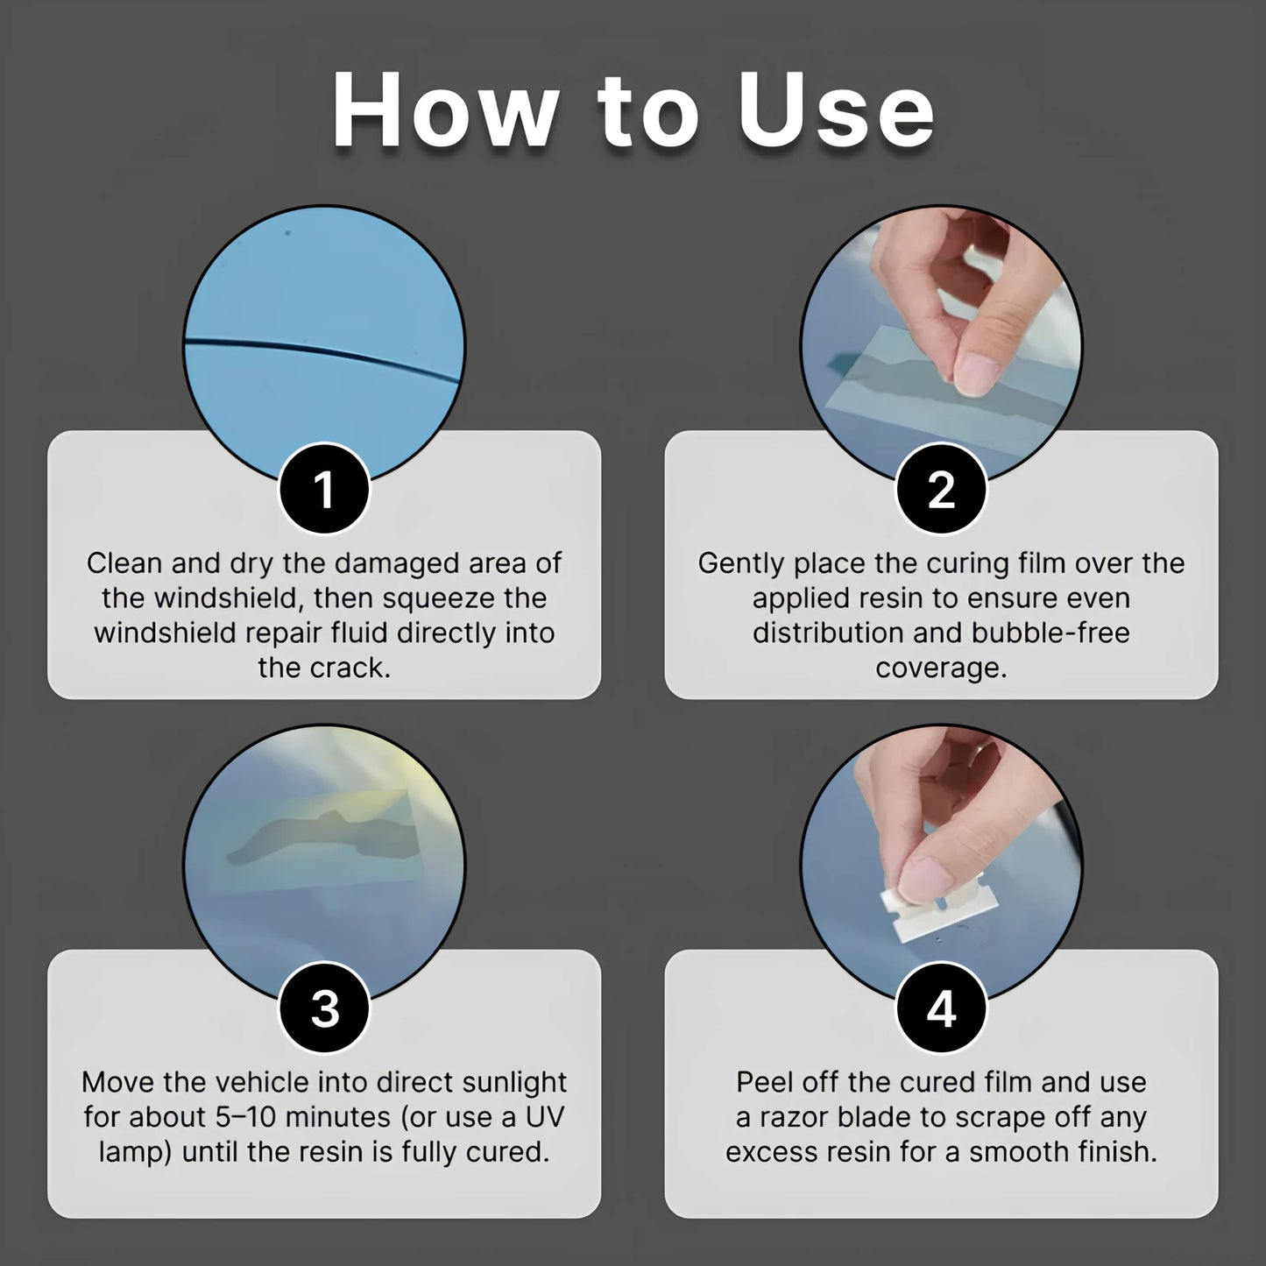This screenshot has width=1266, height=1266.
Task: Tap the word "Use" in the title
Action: pos(837,112)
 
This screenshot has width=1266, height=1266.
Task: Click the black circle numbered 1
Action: pos(324,489)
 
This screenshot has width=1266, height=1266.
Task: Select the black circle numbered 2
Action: pos(941,489)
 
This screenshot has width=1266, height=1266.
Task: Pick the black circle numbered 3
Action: pos(324,1008)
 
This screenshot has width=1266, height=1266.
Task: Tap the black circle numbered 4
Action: pos(941,1008)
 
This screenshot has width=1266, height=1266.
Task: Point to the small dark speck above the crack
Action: pos(287,233)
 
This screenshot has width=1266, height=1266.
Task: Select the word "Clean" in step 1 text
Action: pos(124,562)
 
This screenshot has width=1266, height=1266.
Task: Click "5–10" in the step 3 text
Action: pos(245,1117)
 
